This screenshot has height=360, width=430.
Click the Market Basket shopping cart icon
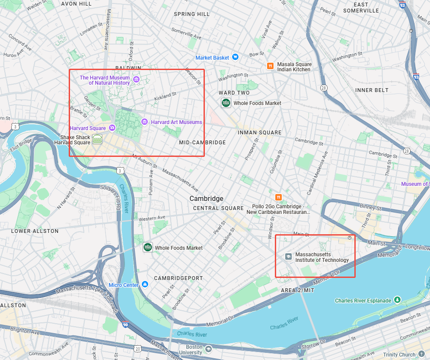pos(235,57)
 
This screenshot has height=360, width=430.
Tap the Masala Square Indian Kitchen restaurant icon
pos(270,66)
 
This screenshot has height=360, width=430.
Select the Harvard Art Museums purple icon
pos(145,122)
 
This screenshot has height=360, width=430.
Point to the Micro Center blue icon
pos(145,284)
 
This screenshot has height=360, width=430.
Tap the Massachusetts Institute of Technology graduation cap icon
pos(288,257)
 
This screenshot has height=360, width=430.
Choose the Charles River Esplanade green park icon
pos(398,300)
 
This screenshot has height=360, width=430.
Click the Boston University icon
pos(209,349)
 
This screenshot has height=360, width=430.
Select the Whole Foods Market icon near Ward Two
pos(226,103)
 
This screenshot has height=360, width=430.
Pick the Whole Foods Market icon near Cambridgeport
pos(148,247)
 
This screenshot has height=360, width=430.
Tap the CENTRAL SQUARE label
pos(213,208)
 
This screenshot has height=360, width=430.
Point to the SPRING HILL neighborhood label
pos(191,14)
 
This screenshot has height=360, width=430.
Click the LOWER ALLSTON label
pos(35,231)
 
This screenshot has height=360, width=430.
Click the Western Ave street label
pos(152,218)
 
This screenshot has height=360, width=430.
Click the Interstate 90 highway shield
pos(125,324)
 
